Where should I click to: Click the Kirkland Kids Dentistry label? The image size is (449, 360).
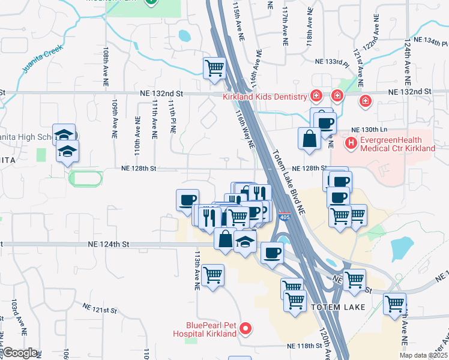[264, 97]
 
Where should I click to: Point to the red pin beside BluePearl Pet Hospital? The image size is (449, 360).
[245, 329]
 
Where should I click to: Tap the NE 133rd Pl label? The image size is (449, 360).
[333, 62]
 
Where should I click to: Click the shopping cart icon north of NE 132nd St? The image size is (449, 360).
[214, 68]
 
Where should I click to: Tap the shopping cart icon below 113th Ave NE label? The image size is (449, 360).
[213, 275]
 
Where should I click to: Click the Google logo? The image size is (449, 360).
[20, 353]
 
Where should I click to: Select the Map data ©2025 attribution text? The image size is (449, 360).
[423, 355]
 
